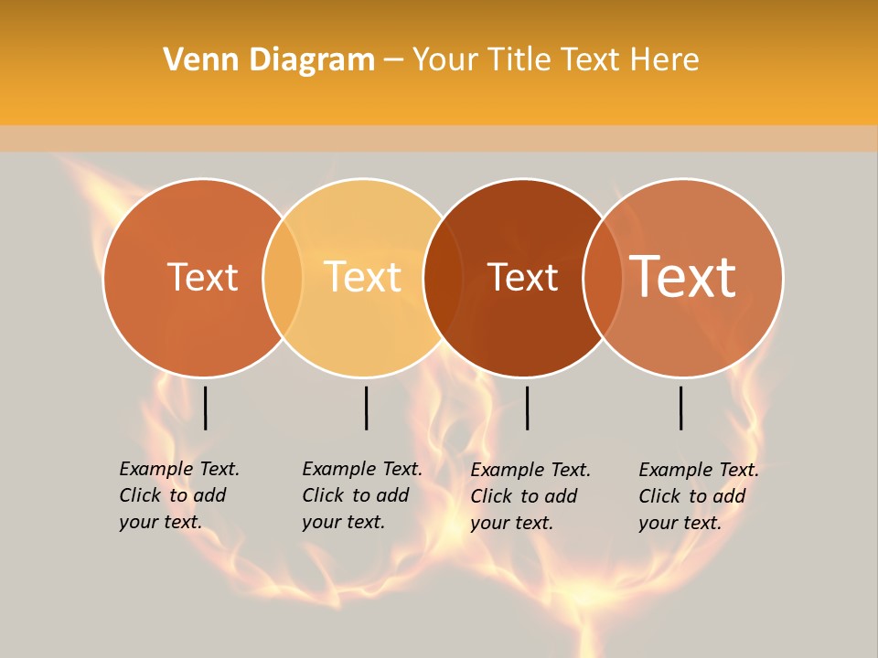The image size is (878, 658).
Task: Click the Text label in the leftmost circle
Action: tap(202, 277)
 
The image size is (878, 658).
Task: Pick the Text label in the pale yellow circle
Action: tap(362, 277)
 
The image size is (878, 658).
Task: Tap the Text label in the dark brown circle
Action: tap(522, 277)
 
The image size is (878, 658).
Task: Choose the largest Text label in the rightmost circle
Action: tap(683, 276)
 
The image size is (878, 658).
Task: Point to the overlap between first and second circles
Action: tap(283, 277)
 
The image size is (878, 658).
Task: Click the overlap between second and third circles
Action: tap(443, 277)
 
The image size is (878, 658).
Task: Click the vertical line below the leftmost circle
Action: tap(206, 408)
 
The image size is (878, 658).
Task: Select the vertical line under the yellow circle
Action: tap(366, 408)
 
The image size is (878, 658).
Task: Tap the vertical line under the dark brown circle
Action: tap(527, 408)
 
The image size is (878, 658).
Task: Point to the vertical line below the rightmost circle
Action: tap(681, 408)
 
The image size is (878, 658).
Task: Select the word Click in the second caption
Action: tap(322, 495)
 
